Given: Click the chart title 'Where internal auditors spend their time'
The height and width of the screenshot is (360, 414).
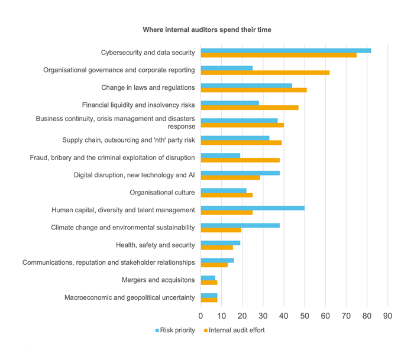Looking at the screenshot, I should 206,30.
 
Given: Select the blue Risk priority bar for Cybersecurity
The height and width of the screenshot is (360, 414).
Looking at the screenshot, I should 286,50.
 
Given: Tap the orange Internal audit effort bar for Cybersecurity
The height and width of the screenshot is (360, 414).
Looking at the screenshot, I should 279,55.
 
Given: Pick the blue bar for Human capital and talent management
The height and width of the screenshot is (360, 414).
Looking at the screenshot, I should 253,207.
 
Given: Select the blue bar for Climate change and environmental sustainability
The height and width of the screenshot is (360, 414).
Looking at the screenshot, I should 240,225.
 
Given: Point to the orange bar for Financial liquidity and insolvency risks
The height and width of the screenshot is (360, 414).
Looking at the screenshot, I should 250,108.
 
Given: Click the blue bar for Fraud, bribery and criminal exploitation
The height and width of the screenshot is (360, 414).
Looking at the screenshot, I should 221,155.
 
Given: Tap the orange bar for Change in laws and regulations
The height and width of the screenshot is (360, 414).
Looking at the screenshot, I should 254,90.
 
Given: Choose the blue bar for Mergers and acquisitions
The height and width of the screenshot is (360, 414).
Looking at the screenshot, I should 208,277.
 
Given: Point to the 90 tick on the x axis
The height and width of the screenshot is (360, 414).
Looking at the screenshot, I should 387,315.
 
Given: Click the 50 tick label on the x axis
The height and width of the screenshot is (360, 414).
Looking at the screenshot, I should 305,315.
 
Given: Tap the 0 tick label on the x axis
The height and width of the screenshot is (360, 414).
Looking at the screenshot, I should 201,315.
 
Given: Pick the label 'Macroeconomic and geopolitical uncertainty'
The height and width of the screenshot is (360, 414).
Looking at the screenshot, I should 130,297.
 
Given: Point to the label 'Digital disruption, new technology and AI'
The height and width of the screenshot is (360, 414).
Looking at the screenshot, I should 134,175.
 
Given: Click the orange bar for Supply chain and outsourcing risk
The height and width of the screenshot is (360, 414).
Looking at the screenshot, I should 241,142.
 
